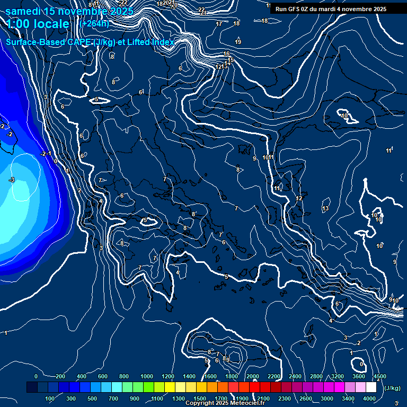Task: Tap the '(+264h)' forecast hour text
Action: [95, 23]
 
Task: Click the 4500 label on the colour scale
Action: [379, 376]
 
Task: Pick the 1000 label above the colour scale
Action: [147, 376]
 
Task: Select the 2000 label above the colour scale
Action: [252, 376]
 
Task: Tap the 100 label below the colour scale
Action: [50, 399]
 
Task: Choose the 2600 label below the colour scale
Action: [306, 399]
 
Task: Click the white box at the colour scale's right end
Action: [371, 387]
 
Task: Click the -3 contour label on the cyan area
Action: [12, 180]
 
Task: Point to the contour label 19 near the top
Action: [238, 42]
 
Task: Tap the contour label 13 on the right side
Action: [325, 208]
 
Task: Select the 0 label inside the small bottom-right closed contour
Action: [361, 364]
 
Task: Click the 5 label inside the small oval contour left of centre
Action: [145, 220]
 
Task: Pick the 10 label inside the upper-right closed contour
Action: [344, 116]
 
